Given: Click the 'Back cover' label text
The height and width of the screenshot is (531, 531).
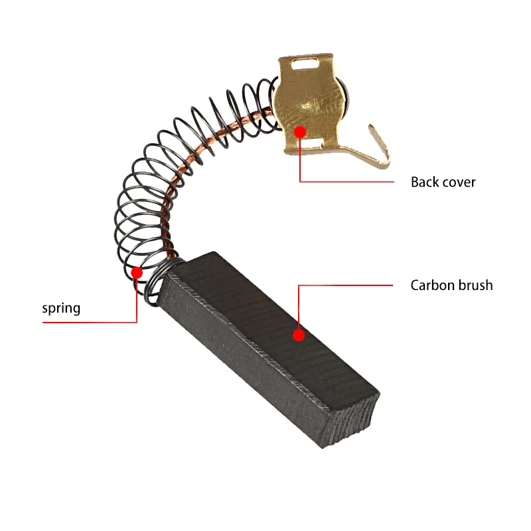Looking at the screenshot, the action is (x=443, y=182).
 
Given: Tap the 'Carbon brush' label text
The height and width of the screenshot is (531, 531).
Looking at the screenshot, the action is (x=451, y=285).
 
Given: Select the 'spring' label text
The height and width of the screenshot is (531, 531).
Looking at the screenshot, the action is (x=61, y=308).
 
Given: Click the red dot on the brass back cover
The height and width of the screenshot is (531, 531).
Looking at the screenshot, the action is (x=300, y=132).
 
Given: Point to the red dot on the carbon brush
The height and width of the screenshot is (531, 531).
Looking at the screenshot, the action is (x=299, y=336).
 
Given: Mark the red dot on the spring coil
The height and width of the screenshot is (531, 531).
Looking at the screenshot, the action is (x=137, y=272).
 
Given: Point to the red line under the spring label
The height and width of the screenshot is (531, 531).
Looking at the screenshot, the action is (x=90, y=323).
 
